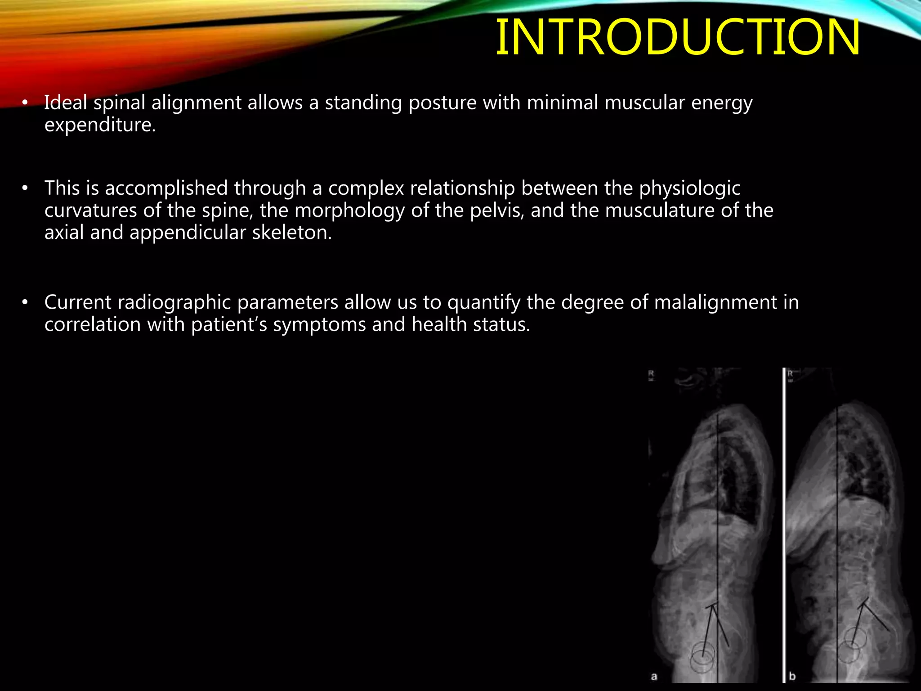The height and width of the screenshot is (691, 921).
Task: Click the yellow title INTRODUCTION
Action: click(x=677, y=38)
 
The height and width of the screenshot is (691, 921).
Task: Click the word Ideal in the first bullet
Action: click(x=66, y=103)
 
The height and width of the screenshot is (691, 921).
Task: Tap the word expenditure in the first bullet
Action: click(x=100, y=125)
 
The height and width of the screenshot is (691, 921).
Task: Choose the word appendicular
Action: click(x=188, y=233)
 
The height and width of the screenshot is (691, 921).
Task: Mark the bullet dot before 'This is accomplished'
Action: click(x=25, y=188)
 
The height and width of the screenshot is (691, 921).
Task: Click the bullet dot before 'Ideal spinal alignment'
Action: click(x=25, y=103)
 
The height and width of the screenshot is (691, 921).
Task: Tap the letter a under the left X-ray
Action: click(x=654, y=676)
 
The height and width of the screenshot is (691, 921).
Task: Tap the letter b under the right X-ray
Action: click(x=792, y=676)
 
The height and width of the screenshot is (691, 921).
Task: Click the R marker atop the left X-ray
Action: click(x=651, y=374)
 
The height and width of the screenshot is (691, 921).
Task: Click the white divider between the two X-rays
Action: click(x=784, y=526)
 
